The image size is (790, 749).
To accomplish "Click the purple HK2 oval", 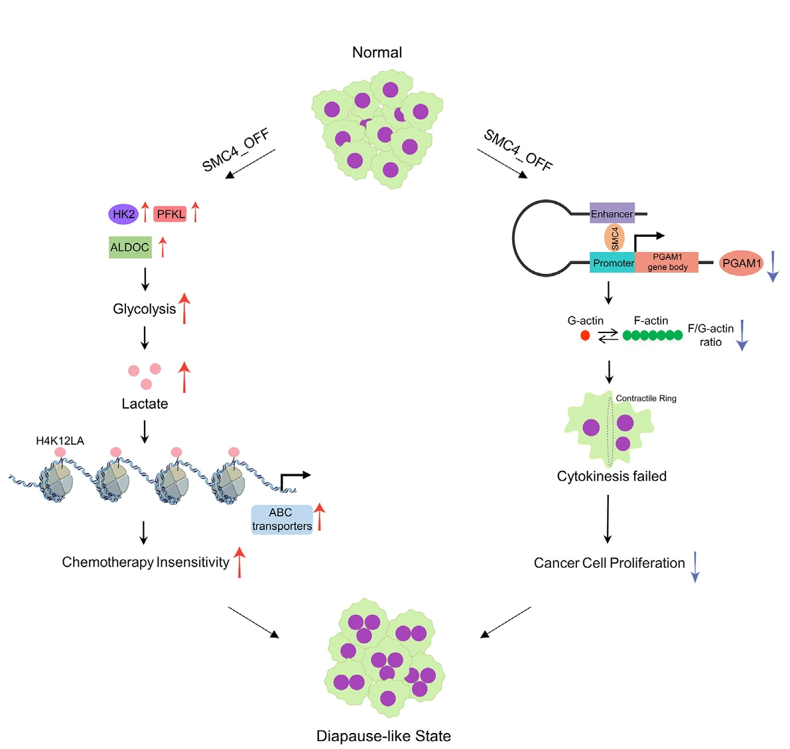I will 123,214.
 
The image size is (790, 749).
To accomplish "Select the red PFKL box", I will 170,214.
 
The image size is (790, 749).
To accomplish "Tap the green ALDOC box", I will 130,247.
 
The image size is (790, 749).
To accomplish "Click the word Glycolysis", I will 144,309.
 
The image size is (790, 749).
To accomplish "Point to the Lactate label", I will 145,404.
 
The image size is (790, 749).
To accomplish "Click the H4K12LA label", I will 60,441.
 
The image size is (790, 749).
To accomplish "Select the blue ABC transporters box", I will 282,519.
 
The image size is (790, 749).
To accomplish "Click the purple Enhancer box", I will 612,214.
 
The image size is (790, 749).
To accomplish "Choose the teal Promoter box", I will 613,263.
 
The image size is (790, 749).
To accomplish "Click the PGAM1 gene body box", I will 667,262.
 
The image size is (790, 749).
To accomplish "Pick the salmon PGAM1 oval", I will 742,263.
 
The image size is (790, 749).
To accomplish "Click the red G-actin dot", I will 585,336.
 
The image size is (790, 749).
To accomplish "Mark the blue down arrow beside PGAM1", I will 772,267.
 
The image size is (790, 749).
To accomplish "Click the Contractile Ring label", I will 646,399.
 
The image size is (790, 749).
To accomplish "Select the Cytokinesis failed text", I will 612,476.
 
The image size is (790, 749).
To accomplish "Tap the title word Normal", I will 377,52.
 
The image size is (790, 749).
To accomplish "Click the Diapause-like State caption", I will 383,736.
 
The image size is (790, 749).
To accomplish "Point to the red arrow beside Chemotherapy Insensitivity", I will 239,562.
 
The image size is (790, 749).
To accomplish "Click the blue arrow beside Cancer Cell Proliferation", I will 694,567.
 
